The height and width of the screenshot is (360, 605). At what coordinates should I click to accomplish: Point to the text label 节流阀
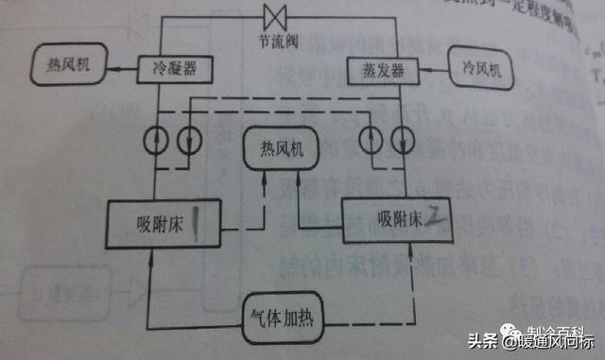pyautogui.click(x=277, y=43)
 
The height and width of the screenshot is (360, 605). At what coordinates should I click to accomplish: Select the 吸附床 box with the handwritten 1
pyautogui.click(x=169, y=223)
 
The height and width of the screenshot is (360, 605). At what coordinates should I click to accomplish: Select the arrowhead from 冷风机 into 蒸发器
pyautogui.click(x=422, y=69)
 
